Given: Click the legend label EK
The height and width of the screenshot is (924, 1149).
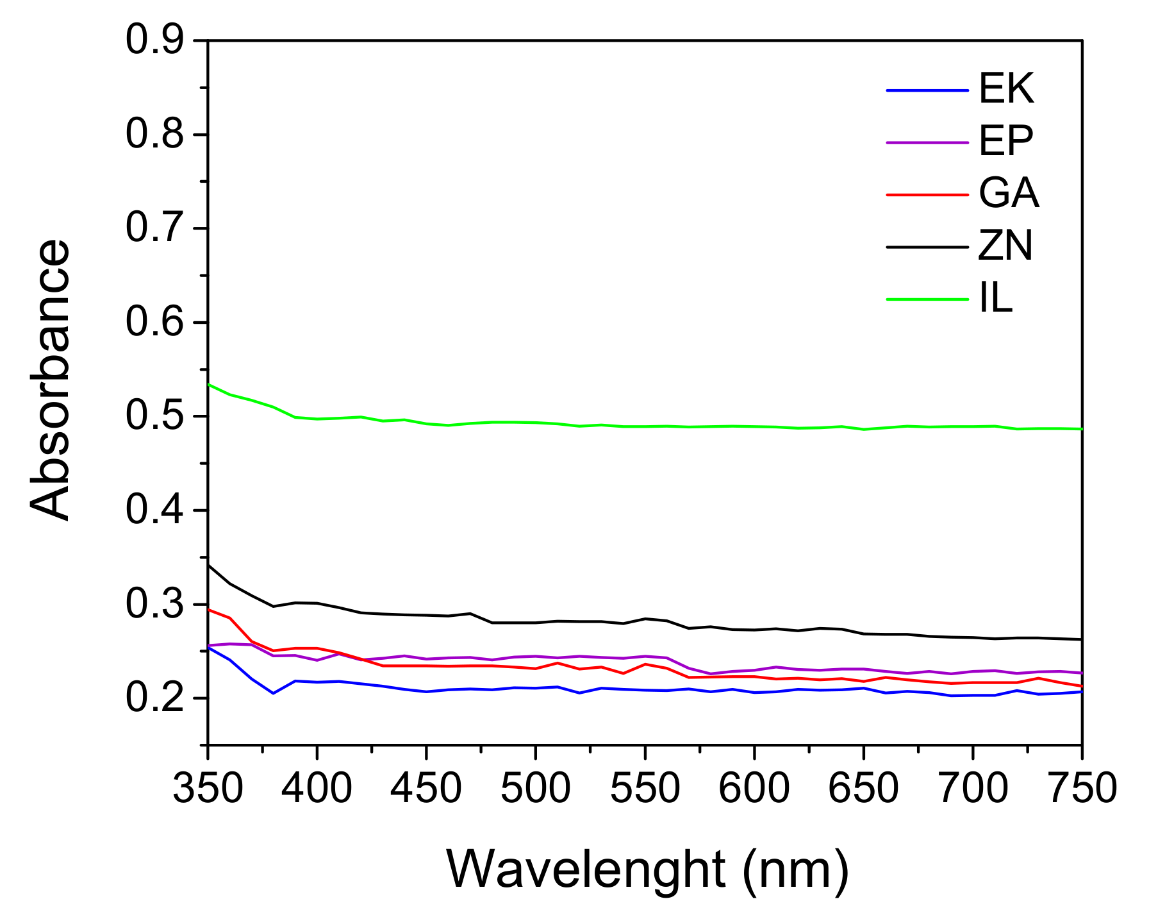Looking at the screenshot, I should pyautogui.click(x=1006, y=88).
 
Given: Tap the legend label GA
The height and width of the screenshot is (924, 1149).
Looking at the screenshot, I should pyautogui.click(x=1008, y=193).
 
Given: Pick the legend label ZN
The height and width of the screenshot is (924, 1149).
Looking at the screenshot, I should pyautogui.click(x=1005, y=246).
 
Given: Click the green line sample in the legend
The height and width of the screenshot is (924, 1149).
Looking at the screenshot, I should pyautogui.click(x=927, y=299).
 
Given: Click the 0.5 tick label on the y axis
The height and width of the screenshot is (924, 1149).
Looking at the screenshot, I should pyautogui.click(x=154, y=416).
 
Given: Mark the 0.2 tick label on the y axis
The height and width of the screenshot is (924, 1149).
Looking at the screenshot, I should pyautogui.click(x=154, y=698).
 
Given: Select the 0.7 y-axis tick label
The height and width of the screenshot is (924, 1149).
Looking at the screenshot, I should pyautogui.click(x=154, y=228).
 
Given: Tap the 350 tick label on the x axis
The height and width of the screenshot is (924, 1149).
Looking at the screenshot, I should pyautogui.click(x=208, y=788).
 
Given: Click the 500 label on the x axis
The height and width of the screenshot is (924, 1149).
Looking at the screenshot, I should pyautogui.click(x=535, y=788).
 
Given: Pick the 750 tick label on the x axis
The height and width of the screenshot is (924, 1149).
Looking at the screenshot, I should pyautogui.click(x=1082, y=788).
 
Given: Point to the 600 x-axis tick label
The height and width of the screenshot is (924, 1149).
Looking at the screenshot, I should pyautogui.click(x=754, y=788).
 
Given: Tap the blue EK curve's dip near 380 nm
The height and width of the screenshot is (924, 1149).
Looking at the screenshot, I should pyautogui.click(x=273, y=693).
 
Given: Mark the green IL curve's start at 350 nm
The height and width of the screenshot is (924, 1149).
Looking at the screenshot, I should pyautogui.click(x=210, y=384).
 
